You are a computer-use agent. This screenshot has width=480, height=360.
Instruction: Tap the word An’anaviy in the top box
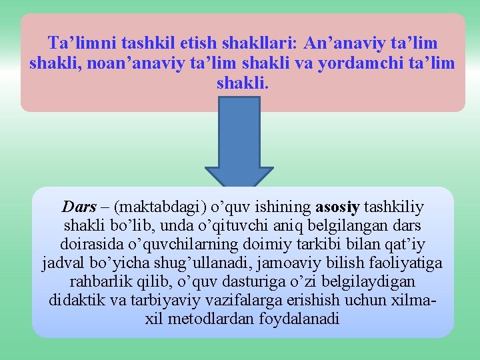(x=337, y=43)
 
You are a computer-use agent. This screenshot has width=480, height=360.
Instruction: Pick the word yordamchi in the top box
(x=357, y=64)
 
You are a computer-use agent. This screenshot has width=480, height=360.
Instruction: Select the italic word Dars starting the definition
(x=79, y=207)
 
